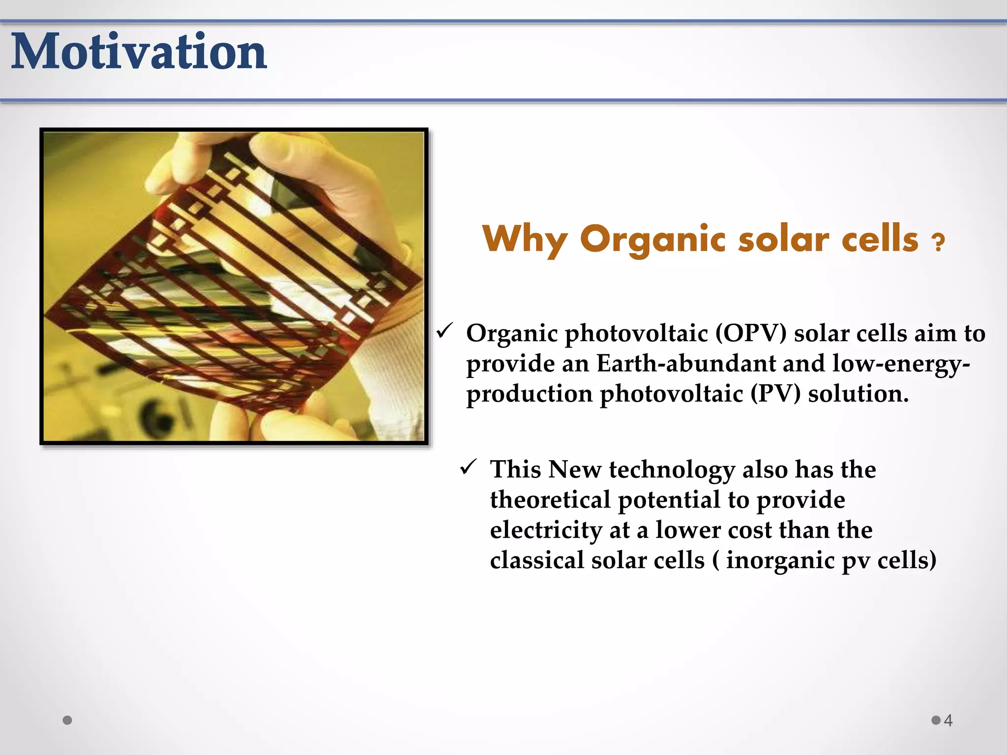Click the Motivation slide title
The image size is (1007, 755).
coord(139,52)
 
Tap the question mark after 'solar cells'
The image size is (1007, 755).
coord(938,242)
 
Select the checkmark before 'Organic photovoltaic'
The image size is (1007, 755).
coord(444,332)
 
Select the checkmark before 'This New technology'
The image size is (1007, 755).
coord(468,467)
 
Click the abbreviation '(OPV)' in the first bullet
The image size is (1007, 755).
coord(751,333)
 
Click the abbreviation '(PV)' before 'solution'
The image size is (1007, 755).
coord(775,394)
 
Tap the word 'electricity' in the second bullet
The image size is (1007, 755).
coord(546,530)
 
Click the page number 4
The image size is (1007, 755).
coord(948,721)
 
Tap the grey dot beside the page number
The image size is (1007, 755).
coord(936,720)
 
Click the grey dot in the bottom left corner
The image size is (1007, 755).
coord(68,720)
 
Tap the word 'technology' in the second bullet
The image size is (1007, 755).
coord(672,469)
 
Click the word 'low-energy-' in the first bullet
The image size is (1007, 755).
coord(901,364)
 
